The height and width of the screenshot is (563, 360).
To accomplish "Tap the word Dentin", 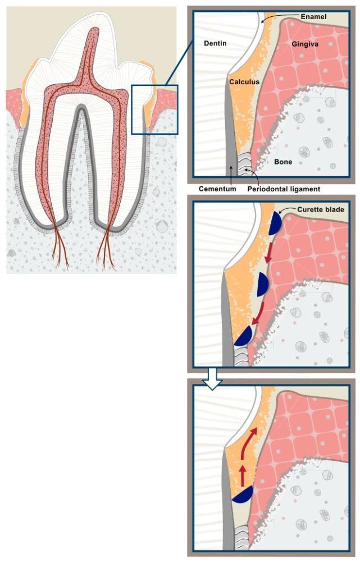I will pyautogui.click(x=215, y=43).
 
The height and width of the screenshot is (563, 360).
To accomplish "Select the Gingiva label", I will pyautogui.click(x=306, y=43).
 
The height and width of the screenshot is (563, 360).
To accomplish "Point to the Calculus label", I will pyautogui.click(x=244, y=82).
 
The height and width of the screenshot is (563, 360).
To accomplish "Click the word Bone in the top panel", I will pyautogui.click(x=283, y=162).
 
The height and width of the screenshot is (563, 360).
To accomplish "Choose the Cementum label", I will pyautogui.click(x=217, y=190).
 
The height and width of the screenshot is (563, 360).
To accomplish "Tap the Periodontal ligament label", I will pyautogui.click(x=284, y=190).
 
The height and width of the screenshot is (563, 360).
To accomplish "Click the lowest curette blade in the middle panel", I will pyautogui.click(x=243, y=336).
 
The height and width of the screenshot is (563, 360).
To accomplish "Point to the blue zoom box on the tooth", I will pyautogui.click(x=154, y=109).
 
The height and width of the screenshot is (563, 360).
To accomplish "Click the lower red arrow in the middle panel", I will pyautogui.click(x=258, y=315).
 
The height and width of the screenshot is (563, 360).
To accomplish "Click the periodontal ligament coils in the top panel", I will pyautogui.click(x=245, y=162).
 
